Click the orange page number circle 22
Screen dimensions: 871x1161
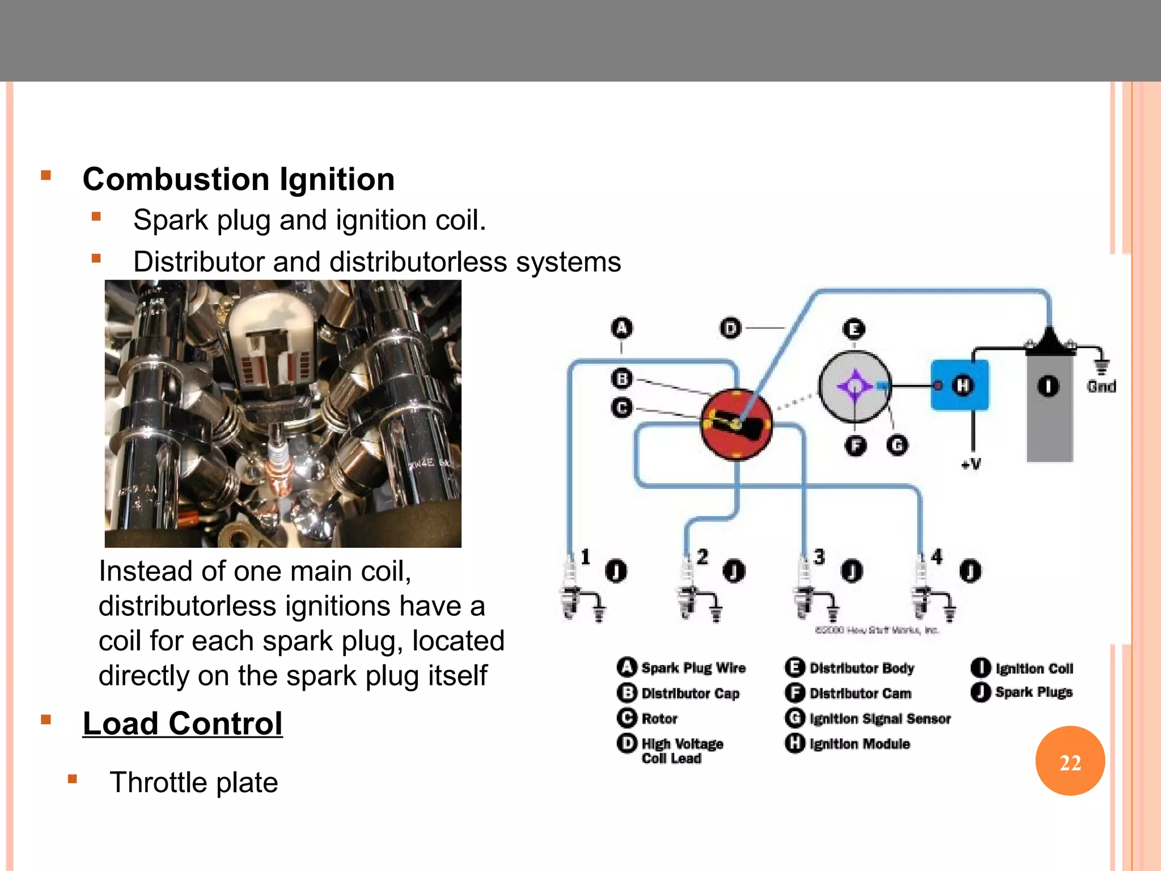(1070, 761)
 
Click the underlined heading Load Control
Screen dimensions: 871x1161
(182, 724)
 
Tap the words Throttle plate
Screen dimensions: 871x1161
(193, 783)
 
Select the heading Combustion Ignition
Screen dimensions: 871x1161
(238, 179)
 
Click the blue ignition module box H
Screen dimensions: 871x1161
(960, 385)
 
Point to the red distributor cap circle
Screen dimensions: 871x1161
(736, 424)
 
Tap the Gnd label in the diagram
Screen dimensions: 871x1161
(1101, 387)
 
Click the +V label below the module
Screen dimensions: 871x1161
(971, 464)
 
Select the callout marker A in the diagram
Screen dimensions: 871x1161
(622, 328)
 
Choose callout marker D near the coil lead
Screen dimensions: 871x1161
(730, 328)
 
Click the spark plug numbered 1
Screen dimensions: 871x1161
(571, 590)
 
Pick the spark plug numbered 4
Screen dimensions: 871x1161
(922, 590)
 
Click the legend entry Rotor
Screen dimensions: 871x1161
(659, 718)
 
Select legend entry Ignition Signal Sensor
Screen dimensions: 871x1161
(879, 718)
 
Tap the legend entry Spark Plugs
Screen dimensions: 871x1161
(1033, 692)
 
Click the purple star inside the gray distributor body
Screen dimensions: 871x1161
(854, 386)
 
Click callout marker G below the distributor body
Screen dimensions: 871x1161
(897, 446)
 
